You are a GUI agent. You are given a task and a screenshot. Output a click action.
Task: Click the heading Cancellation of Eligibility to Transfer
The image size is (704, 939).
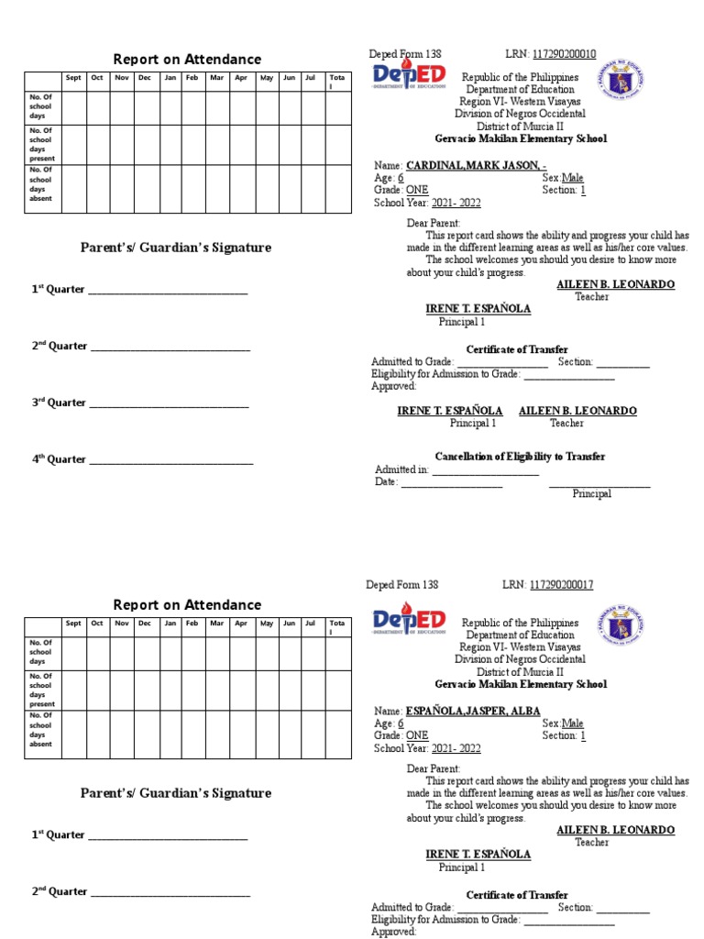(520, 457)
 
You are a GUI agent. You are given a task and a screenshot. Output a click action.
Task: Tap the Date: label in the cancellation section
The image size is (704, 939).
(386, 482)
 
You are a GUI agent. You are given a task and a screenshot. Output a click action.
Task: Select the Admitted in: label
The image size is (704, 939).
(401, 469)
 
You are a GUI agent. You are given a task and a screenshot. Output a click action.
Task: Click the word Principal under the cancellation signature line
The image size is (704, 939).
(592, 494)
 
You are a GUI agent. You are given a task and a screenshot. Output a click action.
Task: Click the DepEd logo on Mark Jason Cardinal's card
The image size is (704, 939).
(409, 77)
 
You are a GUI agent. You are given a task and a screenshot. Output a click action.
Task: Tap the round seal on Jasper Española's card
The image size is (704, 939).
(623, 625)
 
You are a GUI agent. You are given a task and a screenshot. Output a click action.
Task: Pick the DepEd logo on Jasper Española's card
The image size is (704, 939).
(409, 623)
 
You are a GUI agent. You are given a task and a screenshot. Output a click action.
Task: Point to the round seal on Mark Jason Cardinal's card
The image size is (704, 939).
(623, 80)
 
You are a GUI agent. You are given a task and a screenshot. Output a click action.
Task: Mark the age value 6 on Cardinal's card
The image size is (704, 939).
(401, 178)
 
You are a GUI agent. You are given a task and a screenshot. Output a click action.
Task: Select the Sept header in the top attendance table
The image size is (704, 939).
(73, 78)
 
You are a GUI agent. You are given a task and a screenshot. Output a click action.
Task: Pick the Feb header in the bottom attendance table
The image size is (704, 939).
(192, 624)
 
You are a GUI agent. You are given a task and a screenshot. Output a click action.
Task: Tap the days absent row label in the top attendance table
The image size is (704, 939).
(41, 184)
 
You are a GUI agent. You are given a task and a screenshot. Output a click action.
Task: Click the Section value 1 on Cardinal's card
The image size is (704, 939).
(582, 191)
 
